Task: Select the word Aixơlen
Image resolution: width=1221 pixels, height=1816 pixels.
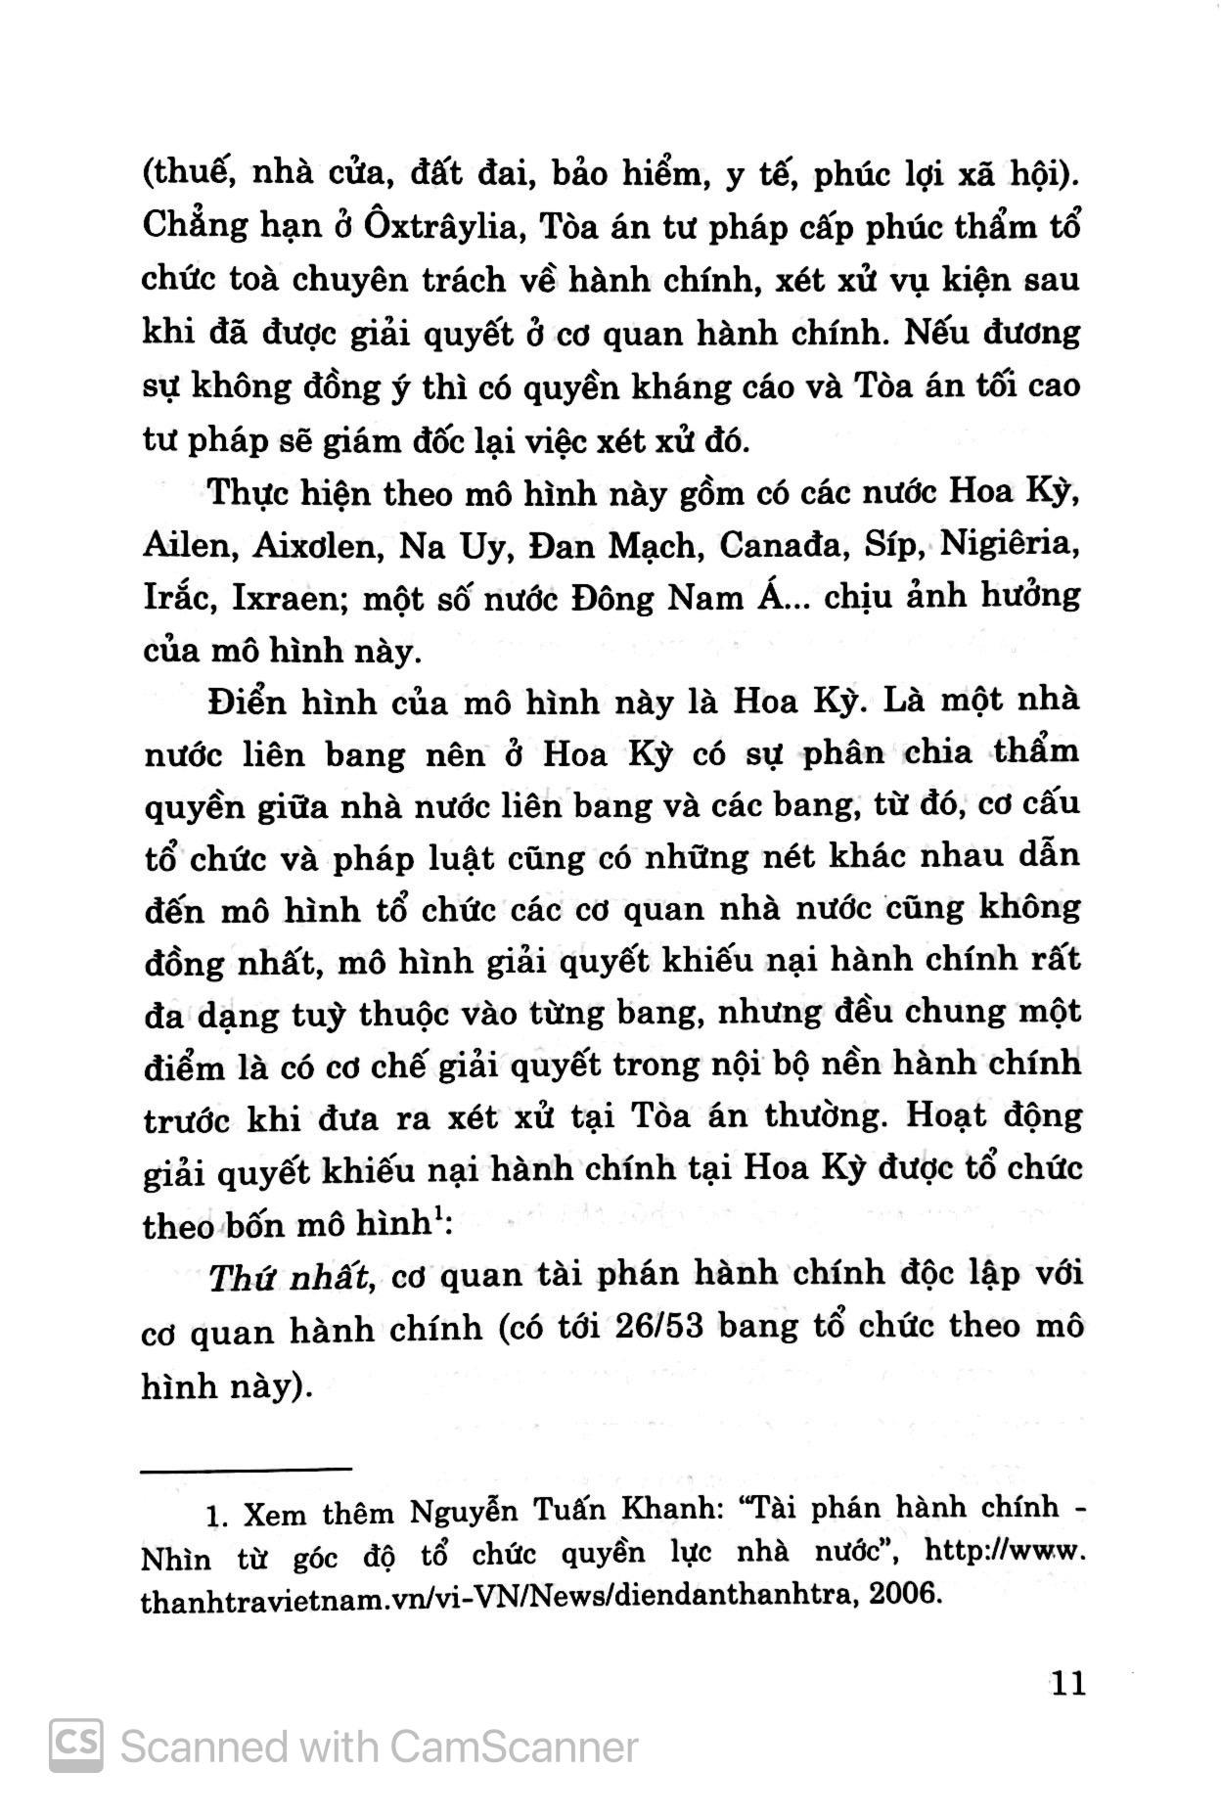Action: [x=316, y=545]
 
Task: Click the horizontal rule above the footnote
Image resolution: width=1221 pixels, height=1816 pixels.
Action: [x=247, y=1468]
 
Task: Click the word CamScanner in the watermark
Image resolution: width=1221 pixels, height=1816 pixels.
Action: [x=514, y=1747]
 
